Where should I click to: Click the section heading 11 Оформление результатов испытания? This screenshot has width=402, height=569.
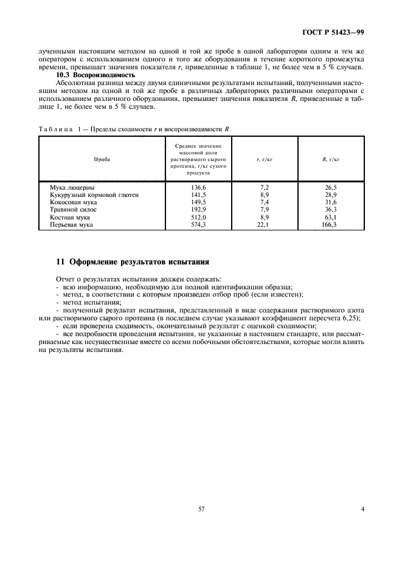[x=133, y=263]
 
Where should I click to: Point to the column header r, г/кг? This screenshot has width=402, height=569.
[x=264, y=159]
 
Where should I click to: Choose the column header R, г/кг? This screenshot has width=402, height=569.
[x=330, y=159]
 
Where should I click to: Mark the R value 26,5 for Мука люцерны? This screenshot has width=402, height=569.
[x=331, y=188]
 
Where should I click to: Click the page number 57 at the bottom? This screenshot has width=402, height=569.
[x=201, y=509]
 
